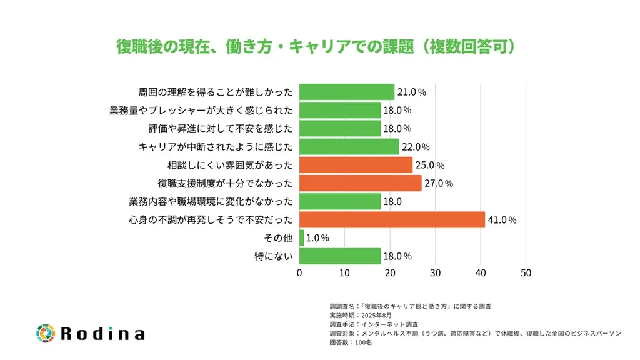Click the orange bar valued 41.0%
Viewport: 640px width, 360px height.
click(392, 220)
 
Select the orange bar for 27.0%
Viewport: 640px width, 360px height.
click(361, 183)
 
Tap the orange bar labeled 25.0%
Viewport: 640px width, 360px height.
click(356, 165)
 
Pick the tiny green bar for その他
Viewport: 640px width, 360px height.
click(302, 238)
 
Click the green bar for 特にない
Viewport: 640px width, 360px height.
click(340, 256)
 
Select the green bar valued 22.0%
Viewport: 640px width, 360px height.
click(349, 147)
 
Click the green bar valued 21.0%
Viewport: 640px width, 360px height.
click(347, 92)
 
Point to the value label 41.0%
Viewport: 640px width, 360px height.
click(502, 220)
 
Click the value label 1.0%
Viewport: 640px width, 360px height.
click(317, 238)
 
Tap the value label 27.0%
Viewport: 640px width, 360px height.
click(439, 184)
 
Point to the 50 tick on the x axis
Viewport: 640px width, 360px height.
click(526, 273)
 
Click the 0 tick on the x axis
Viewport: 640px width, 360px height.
click(299, 273)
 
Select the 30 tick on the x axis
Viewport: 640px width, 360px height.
click(435, 273)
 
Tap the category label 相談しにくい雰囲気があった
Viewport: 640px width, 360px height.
click(230, 165)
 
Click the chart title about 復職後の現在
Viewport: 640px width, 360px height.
click(319, 47)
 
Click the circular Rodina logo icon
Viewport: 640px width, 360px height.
click(46, 333)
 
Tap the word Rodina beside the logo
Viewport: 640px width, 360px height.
click(102, 334)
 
